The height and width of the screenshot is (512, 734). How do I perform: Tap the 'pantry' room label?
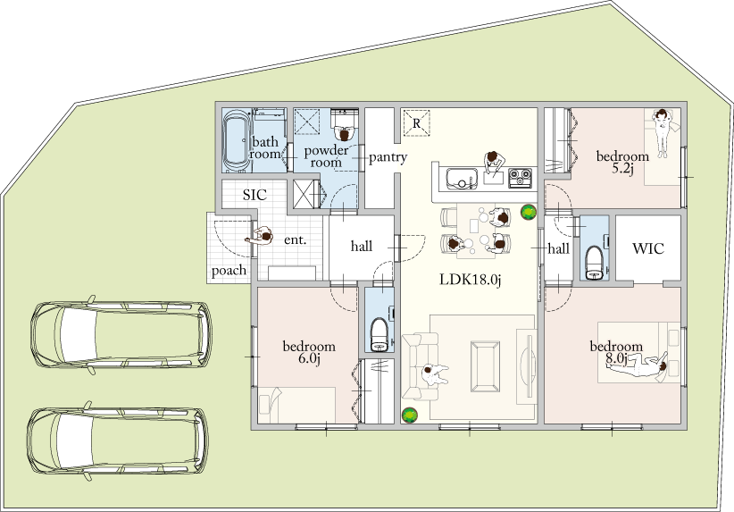point(388,157)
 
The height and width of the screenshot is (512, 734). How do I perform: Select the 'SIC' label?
point(254,195)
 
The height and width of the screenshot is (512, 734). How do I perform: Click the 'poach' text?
point(229,270)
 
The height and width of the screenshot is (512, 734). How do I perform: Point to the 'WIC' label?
point(648,248)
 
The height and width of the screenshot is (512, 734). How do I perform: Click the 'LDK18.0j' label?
point(470,280)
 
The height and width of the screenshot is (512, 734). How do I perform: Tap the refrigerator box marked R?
point(417,123)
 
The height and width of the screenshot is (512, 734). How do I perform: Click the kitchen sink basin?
point(461,179)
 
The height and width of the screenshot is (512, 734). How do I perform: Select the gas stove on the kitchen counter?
point(520,178)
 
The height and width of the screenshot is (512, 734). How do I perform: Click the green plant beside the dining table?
point(529,212)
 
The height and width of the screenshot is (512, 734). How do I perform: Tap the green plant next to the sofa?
point(410,415)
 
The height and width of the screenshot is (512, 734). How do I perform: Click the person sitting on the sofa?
point(434,374)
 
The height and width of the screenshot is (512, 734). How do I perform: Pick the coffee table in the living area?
point(485,366)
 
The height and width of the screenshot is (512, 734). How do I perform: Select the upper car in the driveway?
point(121,334)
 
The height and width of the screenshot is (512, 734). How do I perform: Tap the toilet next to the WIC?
point(595,262)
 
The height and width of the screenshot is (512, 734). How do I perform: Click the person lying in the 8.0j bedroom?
point(639,364)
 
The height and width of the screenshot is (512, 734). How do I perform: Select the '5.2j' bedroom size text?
point(622,169)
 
